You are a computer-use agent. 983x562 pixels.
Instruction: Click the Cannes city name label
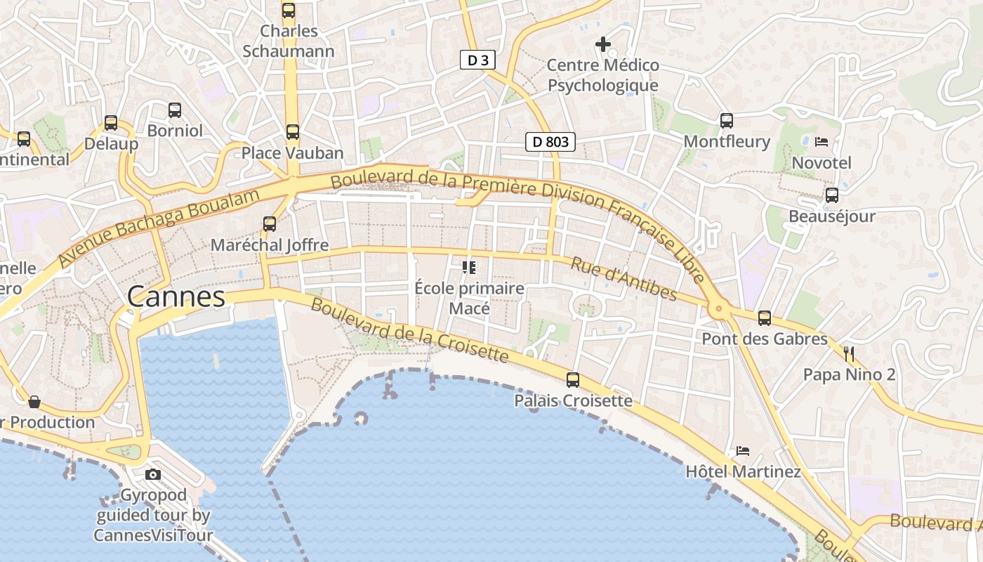[176, 296]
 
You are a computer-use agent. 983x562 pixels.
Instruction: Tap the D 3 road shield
[477, 60]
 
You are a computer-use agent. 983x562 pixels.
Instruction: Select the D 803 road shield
[550, 142]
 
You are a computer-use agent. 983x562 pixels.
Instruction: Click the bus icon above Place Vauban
[292, 131]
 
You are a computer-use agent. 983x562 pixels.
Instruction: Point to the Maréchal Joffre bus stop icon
[270, 224]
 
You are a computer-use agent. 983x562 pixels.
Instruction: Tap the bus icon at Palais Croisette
[573, 380]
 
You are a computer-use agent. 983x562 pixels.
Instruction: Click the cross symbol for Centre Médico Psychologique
[603, 44]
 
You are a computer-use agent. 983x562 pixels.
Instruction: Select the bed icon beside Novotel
[822, 142]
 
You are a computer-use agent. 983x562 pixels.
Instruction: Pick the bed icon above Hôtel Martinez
[743, 450]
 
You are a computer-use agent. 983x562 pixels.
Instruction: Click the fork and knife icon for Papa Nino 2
[849, 353]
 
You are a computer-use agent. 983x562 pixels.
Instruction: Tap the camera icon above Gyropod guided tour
[153, 474]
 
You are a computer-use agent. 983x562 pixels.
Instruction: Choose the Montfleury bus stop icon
[727, 120]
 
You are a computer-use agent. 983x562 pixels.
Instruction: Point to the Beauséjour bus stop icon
[832, 195]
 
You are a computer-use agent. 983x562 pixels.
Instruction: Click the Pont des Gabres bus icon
[765, 318]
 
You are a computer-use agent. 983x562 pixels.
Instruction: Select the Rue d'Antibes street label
[624, 279]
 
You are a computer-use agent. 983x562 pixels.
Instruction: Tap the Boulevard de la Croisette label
[409, 330]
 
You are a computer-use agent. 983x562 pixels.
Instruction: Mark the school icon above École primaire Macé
[469, 267]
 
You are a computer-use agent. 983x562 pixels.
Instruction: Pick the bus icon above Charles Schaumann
[289, 10]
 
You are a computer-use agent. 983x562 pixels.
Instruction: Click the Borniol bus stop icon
[175, 110]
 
